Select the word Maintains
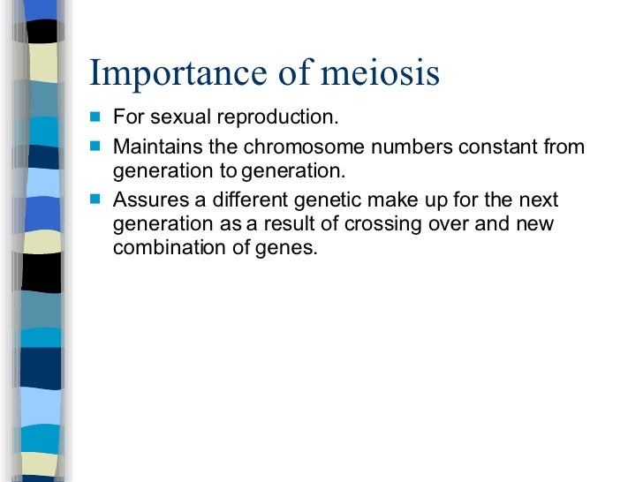tap(157, 147)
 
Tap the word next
tap(539, 200)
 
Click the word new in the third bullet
tap(534, 224)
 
